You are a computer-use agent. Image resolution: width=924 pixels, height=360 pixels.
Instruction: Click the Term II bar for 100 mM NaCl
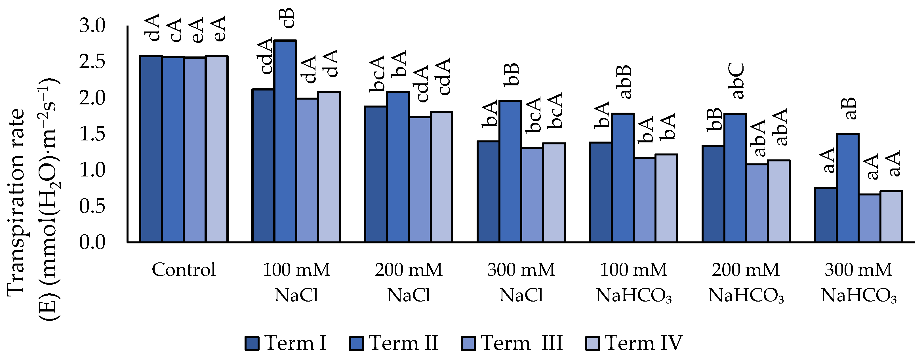point(285,142)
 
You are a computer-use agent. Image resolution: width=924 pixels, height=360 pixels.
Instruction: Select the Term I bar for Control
point(151,149)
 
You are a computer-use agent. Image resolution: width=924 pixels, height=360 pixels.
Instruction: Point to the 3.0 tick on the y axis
point(92,26)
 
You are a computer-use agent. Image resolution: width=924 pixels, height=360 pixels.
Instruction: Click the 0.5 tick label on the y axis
point(92,206)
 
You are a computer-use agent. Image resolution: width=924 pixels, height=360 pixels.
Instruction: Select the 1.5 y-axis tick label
point(92,134)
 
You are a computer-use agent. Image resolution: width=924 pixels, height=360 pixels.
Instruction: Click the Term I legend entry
point(286,343)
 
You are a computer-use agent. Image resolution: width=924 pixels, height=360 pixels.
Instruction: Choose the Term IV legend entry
point(634,343)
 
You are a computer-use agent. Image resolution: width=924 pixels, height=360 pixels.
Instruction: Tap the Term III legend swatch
point(468,343)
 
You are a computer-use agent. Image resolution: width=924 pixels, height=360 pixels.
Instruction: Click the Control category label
point(184,270)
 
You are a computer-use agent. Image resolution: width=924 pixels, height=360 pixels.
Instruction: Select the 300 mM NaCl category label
point(521,282)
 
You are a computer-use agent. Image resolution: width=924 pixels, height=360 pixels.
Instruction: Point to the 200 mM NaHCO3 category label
point(746,282)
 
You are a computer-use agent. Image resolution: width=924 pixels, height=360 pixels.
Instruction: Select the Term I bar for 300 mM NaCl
point(488,192)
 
